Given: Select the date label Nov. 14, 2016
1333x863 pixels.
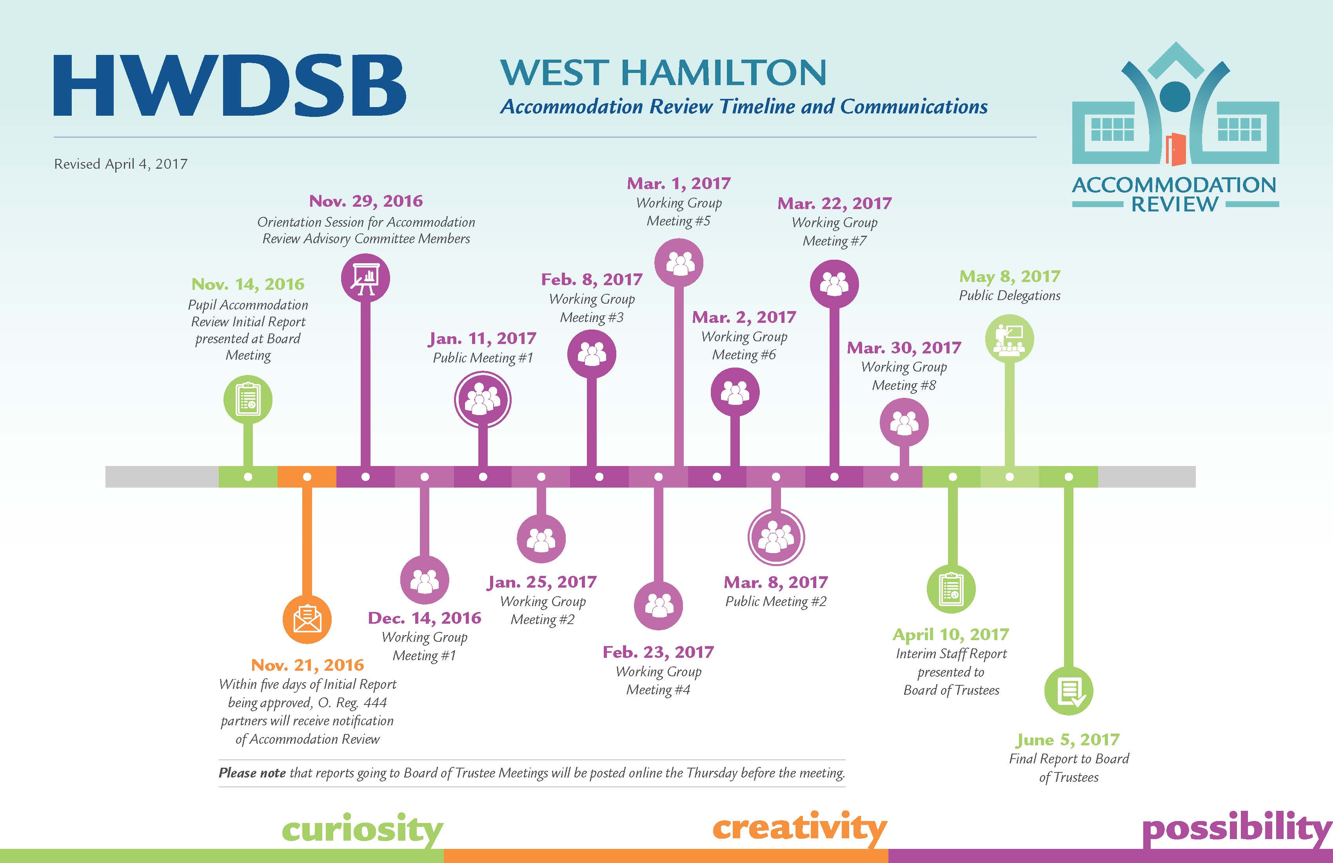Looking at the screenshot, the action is tap(248, 284).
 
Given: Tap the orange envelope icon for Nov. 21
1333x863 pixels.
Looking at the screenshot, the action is tap(307, 619).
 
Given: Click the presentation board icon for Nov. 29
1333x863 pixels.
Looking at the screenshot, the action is tap(365, 278).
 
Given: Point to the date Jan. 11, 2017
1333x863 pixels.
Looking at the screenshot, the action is tap(482, 339).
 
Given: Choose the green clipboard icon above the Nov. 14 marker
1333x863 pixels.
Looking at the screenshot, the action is tap(248, 399).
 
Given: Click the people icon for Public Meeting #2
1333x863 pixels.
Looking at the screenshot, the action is tap(776, 537).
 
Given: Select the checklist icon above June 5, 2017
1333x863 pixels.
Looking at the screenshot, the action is tap(1069, 691).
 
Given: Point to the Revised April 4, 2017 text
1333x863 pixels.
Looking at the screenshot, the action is tap(120, 164).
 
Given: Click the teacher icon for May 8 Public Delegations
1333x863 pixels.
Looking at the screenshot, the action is tap(1009, 339).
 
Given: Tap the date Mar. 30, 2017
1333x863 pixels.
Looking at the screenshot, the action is tap(904, 348).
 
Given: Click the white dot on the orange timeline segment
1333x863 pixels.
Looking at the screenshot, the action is tap(307, 477).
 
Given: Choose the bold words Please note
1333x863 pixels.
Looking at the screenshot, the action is tap(252, 773).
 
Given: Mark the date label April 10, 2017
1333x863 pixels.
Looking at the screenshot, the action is tap(951, 634).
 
